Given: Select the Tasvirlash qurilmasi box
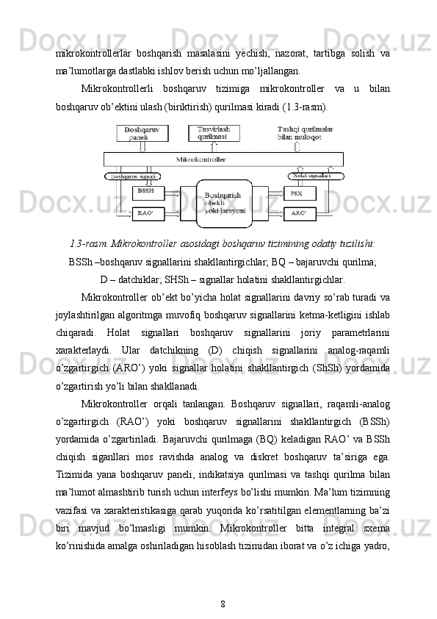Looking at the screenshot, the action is (213, 133).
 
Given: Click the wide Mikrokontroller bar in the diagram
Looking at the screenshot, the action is (223, 159).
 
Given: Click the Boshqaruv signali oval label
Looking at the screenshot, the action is (134, 176).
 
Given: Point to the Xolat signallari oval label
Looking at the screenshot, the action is (310, 176).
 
